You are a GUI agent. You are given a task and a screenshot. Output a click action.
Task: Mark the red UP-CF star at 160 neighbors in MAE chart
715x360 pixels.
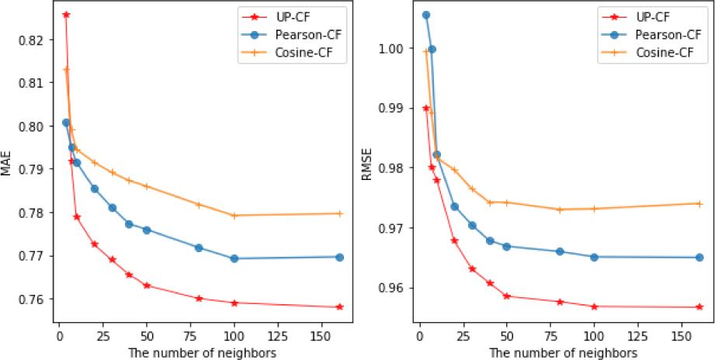click(x=339, y=307)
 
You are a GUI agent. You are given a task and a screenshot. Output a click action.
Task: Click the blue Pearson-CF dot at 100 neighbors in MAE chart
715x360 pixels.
click(x=234, y=258)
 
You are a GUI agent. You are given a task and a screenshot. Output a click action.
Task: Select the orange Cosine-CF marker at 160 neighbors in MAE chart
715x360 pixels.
click(x=339, y=213)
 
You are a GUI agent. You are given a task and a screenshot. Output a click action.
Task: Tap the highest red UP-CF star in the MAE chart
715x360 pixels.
click(x=66, y=15)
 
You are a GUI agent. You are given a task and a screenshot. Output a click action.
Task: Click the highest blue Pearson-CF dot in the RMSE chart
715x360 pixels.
click(x=425, y=15)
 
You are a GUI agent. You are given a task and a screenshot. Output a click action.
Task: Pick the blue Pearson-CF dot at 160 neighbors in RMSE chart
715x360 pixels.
click(x=699, y=258)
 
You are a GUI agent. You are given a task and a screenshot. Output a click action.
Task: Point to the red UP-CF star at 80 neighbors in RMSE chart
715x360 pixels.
click(x=559, y=302)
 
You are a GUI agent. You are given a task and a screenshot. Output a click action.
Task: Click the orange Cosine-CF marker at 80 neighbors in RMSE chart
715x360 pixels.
click(x=559, y=209)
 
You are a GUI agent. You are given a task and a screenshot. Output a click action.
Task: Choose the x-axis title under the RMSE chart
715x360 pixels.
click(x=562, y=351)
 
